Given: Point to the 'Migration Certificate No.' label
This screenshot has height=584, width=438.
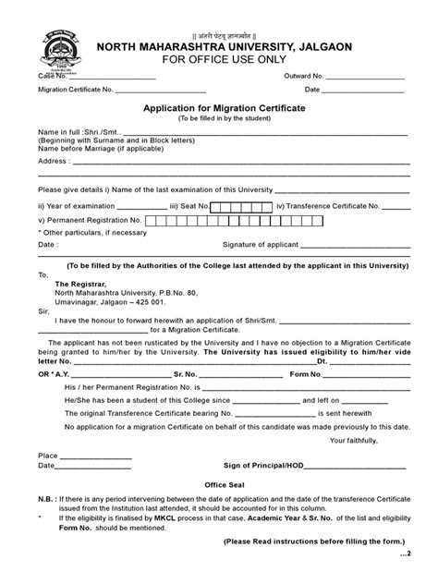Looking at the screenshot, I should coord(76,91).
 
